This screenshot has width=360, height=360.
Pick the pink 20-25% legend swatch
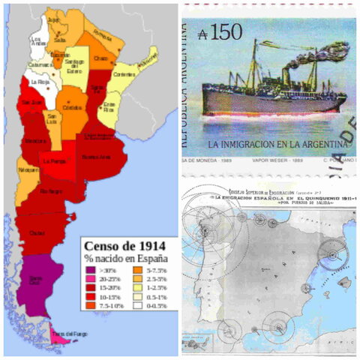90,277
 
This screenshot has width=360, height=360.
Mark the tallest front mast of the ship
254,64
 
